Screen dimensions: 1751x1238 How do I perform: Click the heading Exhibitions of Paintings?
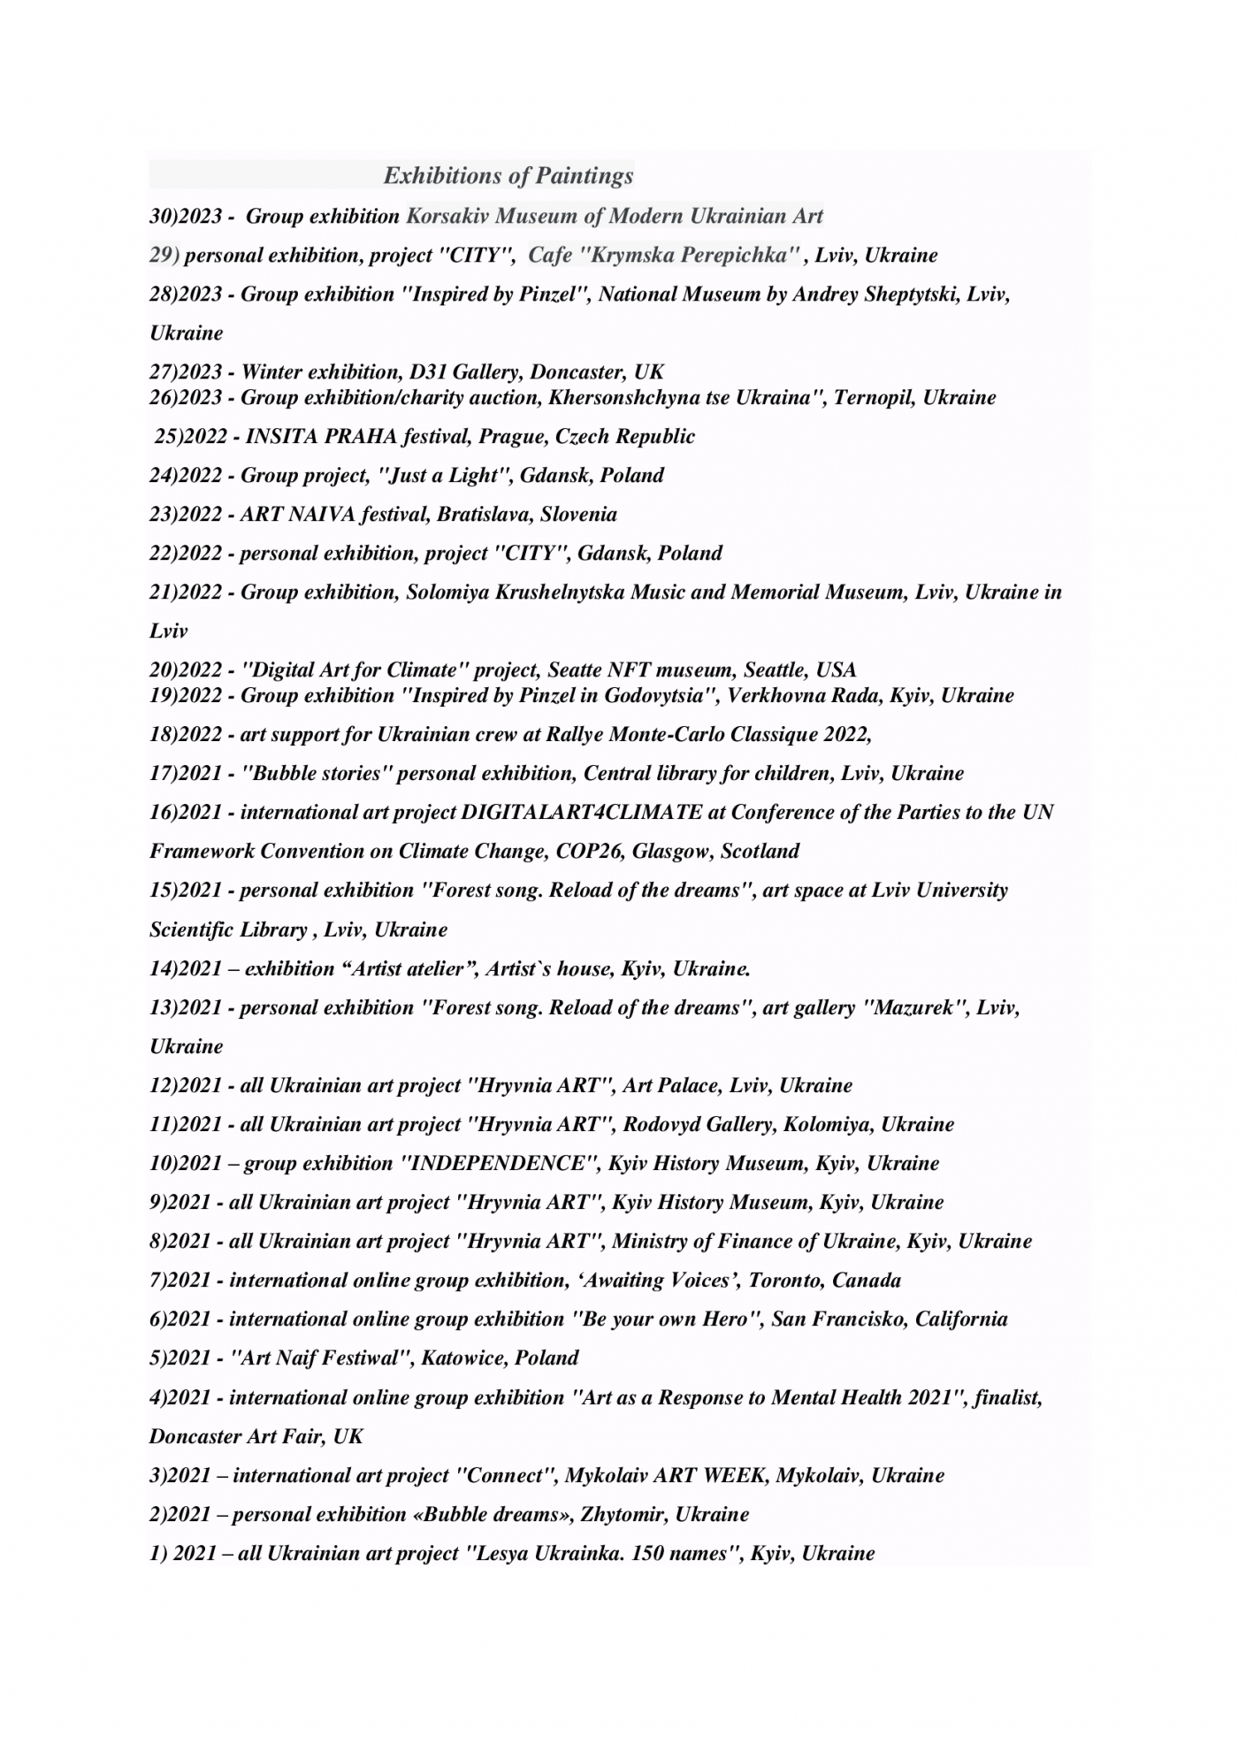pyautogui.click(x=508, y=176)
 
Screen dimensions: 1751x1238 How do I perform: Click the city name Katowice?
pyautogui.click(x=462, y=1357)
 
